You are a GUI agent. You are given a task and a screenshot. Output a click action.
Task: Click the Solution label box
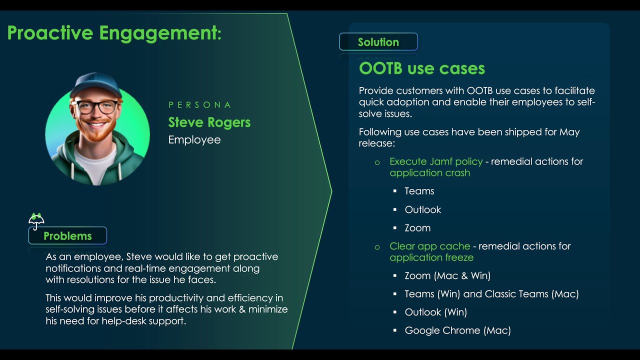coord(378,42)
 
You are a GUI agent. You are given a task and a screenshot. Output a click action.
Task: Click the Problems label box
coord(67,236)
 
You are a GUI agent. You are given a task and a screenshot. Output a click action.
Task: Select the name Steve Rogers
coord(209,122)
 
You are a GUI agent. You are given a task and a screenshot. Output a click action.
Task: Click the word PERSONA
coord(200,105)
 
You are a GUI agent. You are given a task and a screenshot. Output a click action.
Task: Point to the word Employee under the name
coord(194,140)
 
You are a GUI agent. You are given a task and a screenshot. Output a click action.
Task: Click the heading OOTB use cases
coord(421,68)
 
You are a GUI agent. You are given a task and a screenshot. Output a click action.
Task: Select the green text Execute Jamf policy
coord(436,161)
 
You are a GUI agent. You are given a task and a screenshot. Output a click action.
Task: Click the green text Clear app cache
coord(429,246)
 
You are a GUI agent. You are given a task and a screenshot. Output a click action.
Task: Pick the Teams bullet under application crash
coord(419,191)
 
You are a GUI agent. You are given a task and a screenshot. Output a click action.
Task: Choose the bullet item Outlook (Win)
coord(435,312)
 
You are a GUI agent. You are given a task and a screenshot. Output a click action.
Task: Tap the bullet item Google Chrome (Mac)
coord(457,330)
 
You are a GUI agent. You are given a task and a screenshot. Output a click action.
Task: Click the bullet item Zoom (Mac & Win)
coord(447,275)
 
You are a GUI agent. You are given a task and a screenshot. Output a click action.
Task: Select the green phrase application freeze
coord(431,258)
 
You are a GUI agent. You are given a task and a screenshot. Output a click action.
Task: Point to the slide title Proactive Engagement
coord(114,33)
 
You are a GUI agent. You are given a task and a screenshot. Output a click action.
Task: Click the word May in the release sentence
coord(569,132)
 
